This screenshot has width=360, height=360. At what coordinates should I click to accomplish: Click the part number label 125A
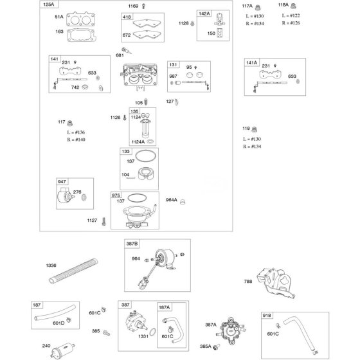tap(49, 4)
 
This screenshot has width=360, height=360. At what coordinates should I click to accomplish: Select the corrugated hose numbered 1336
tap(73, 271)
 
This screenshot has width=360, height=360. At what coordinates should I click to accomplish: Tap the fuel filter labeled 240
tap(63, 351)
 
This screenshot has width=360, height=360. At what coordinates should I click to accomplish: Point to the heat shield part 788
tap(276, 283)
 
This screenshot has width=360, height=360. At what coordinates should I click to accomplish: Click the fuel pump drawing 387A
tap(231, 330)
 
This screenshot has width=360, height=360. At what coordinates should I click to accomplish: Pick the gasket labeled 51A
tap(80, 19)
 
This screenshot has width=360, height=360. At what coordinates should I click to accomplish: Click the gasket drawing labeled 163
tap(80, 35)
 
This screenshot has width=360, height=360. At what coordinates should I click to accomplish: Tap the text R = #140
tap(76, 139)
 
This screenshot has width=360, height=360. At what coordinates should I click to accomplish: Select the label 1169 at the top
tap(133, 6)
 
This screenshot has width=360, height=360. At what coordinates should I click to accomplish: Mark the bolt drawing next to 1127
tap(104, 221)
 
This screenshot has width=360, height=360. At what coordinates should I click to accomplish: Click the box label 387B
tap(132, 244)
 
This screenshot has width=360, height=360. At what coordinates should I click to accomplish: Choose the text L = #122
tap(291, 15)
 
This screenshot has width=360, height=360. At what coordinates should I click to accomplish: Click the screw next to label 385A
tap(216, 346)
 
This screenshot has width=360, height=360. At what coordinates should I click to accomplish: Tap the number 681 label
tap(120, 55)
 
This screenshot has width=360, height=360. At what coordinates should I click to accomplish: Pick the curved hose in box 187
tap(55, 312)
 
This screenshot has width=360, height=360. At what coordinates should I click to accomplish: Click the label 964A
tap(171, 200)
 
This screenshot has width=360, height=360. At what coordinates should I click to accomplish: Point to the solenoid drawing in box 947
tap(65, 195)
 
